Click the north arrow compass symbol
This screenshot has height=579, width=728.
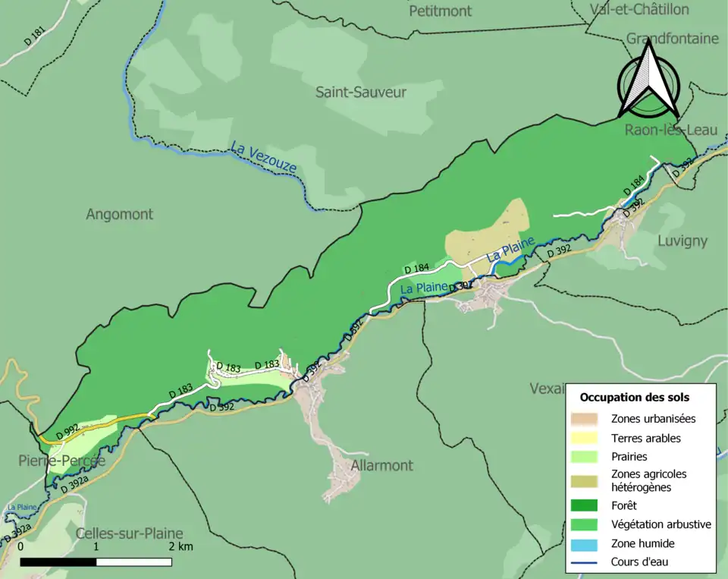click(648, 80)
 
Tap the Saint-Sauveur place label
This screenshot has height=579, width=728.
click(361, 93)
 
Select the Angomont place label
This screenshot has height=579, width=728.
click(119, 215)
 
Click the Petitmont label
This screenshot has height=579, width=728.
click(440, 11)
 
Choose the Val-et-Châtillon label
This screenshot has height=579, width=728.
click(639, 10)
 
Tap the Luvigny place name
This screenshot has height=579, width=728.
click(682, 241)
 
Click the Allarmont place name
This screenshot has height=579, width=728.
click(381, 465)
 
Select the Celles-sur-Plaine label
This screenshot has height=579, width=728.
click(129, 533)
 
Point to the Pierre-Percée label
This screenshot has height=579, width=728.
click(61, 461)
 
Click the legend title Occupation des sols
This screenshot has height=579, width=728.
click(634, 397)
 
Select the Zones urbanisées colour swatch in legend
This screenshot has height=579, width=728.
click(584, 419)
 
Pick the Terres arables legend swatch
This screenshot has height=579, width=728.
click(584, 438)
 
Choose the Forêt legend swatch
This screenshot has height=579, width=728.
click(584, 505)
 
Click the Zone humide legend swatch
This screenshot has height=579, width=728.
click(584, 543)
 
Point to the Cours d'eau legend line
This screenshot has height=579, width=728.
click(584, 562)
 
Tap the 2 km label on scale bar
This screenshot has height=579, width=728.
click(180, 546)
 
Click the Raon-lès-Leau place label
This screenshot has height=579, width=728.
click(670, 131)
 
